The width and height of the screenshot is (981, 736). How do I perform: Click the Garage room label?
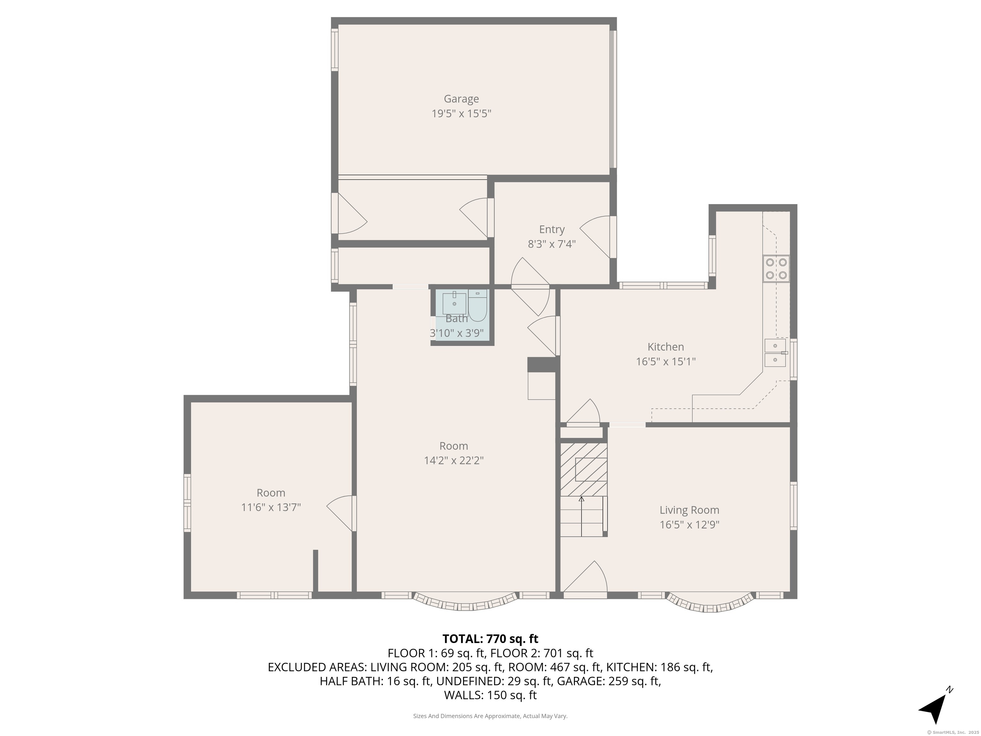pos(461,99)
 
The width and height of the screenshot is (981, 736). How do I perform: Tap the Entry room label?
pos(552,229)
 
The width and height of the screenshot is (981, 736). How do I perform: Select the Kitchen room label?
pos(666,347)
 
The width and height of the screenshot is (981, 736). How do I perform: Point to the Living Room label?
pos(689,510)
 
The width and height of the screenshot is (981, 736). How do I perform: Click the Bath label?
pos(457,318)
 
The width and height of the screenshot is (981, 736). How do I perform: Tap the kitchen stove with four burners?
pos(776,269)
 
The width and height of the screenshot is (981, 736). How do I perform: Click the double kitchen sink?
pos(775,353)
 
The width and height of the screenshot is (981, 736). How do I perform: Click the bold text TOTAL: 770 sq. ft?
pos(490,639)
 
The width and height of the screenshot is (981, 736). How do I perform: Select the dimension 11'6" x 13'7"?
pos(271,507)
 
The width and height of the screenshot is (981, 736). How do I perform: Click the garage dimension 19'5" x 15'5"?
pos(461,114)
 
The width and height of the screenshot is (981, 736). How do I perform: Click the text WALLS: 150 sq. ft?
pos(490,695)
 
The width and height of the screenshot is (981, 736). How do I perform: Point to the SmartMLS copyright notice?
pos(953,732)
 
